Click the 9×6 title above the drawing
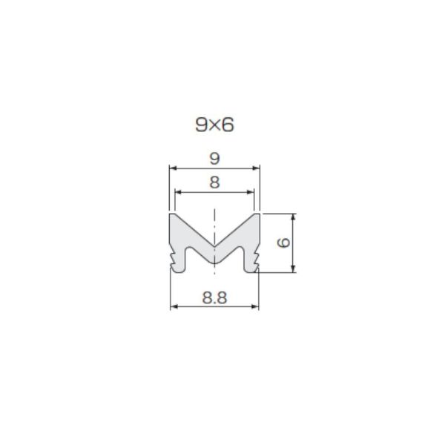click(x=214, y=125)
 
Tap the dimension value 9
click(x=214, y=159)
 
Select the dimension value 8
click(x=214, y=182)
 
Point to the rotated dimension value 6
click(x=283, y=243)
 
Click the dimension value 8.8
click(x=214, y=298)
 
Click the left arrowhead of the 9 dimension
click(x=173, y=168)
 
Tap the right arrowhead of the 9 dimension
click(x=257, y=168)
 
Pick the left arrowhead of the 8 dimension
click(x=178, y=192)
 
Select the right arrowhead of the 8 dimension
click(x=251, y=192)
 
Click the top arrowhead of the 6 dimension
click(x=294, y=217)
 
